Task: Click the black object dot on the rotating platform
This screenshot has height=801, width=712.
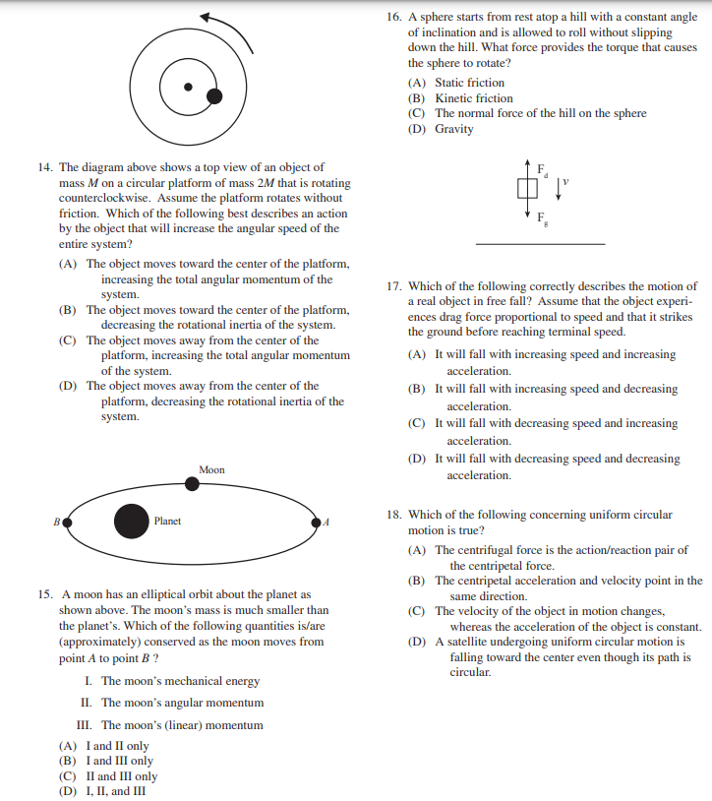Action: [x=213, y=95]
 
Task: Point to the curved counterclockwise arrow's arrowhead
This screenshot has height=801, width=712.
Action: [x=205, y=18]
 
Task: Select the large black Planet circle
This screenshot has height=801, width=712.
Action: [x=131, y=521]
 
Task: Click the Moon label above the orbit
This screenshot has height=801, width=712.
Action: [x=211, y=470]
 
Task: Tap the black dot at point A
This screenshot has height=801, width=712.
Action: [x=317, y=522]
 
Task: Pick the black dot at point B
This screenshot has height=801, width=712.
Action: [x=67, y=522]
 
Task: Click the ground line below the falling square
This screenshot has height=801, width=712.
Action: [x=540, y=243]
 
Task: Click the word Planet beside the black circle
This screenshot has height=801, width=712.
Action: [x=167, y=521]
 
